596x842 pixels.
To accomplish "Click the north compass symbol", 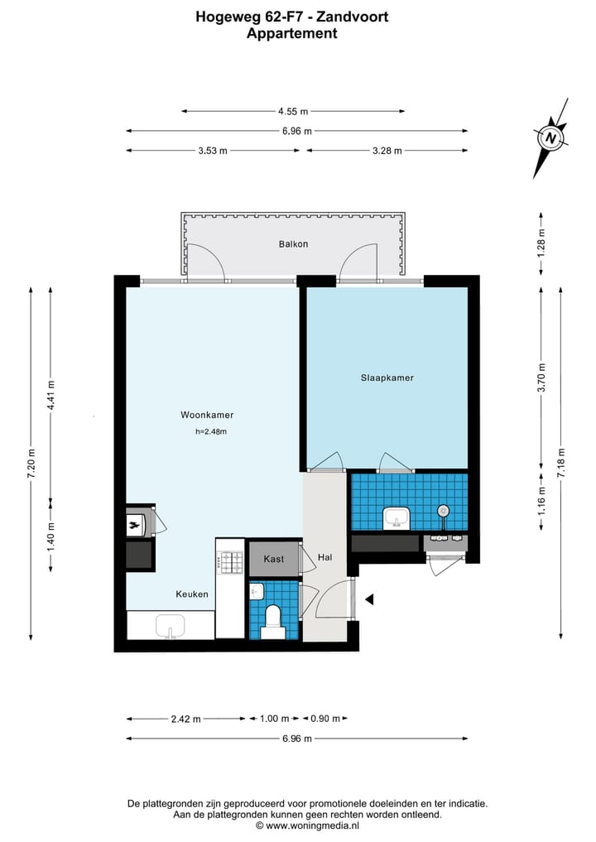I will pyautogui.click(x=550, y=137).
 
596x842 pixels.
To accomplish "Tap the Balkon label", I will pyautogui.click(x=293, y=244).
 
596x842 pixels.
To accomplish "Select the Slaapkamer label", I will pyautogui.click(x=387, y=378).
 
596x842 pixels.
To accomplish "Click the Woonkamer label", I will pyautogui.click(x=207, y=415).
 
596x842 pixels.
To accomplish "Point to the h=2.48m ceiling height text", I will pyautogui.click(x=210, y=431).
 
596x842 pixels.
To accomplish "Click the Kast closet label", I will pyautogui.click(x=274, y=559).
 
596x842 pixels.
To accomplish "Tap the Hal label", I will pyautogui.click(x=325, y=558).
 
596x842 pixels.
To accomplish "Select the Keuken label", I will pyautogui.click(x=191, y=594).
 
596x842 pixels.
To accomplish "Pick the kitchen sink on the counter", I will pyautogui.click(x=171, y=627).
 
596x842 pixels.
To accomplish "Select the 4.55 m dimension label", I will pyautogui.click(x=293, y=111).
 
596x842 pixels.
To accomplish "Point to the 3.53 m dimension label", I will pyautogui.click(x=213, y=151).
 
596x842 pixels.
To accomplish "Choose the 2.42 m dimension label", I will pyautogui.click(x=185, y=719).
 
